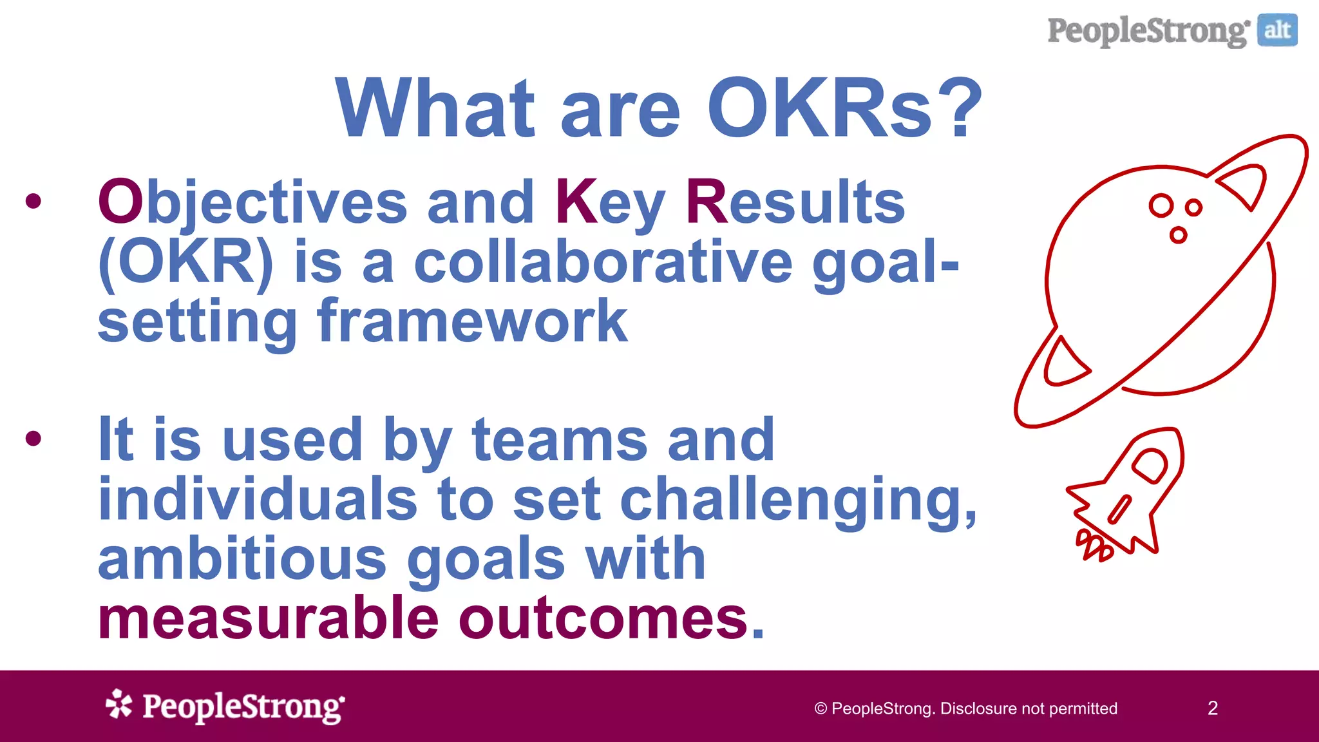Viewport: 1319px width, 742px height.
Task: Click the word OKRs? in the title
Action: click(x=844, y=108)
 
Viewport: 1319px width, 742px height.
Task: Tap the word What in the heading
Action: click(x=435, y=108)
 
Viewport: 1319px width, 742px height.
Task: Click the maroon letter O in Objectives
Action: click(x=120, y=202)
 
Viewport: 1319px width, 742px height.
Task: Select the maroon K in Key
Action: click(x=576, y=202)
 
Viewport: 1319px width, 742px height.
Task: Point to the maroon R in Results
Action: click(x=706, y=202)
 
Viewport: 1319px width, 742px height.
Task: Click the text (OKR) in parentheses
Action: click(x=186, y=263)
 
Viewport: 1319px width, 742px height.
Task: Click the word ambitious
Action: click(x=242, y=559)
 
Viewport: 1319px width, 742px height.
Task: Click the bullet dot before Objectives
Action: click(x=33, y=202)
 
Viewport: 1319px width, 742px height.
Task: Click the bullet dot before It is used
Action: click(x=33, y=439)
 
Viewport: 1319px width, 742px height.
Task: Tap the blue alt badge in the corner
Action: click(x=1277, y=30)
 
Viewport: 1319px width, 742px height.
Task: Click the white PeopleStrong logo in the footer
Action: click(x=225, y=707)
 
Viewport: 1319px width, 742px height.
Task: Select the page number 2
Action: click(x=1212, y=709)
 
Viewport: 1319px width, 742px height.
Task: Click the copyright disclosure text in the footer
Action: click(x=965, y=709)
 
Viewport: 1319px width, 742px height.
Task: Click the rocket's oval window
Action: click(x=1150, y=466)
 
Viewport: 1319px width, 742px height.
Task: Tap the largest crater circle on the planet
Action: click(x=1161, y=206)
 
